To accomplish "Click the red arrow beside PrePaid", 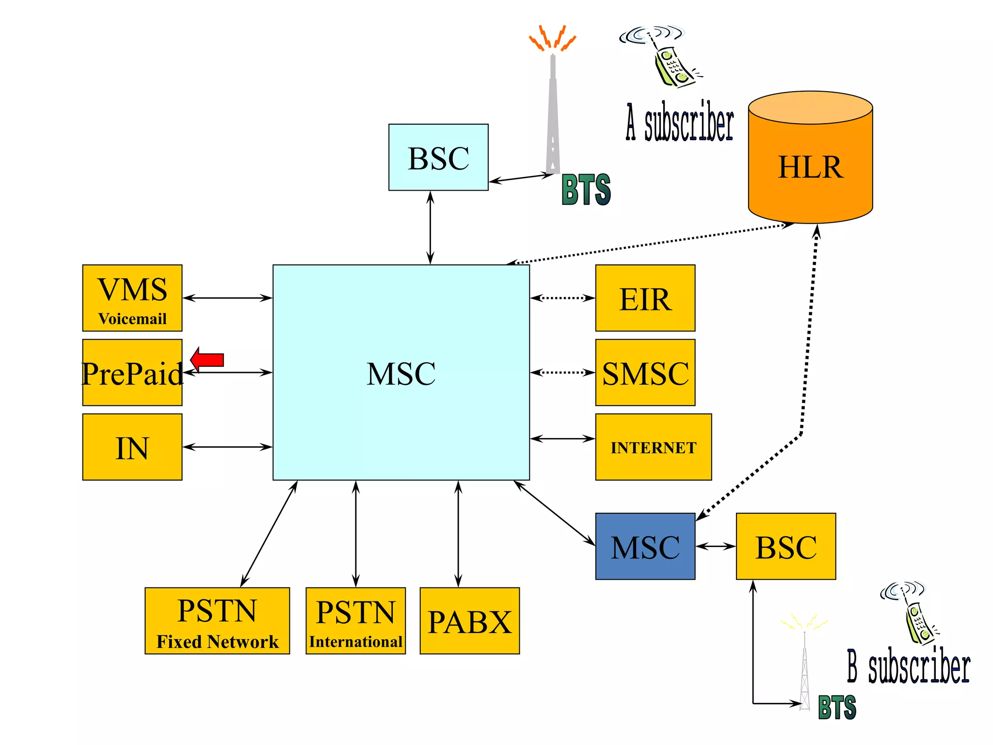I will pos(208,359).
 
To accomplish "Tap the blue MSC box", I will pos(645,546).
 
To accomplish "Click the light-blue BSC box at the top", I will pos(438,157).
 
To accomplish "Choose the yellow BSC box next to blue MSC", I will pos(785,546).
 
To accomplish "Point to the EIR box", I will pos(645,298).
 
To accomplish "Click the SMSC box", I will pos(645,372).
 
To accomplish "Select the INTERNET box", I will pos(653,447).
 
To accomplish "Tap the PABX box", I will pos(469,621).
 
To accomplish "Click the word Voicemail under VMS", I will pos(132,319).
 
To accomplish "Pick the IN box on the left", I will pos(132,447).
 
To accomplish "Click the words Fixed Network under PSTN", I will pos(217,642).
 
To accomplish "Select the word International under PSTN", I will pos(355,642).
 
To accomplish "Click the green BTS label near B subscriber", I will pos(837,707).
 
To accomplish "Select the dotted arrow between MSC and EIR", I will pos(562,298).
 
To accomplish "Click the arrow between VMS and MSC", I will pos(227,298).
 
